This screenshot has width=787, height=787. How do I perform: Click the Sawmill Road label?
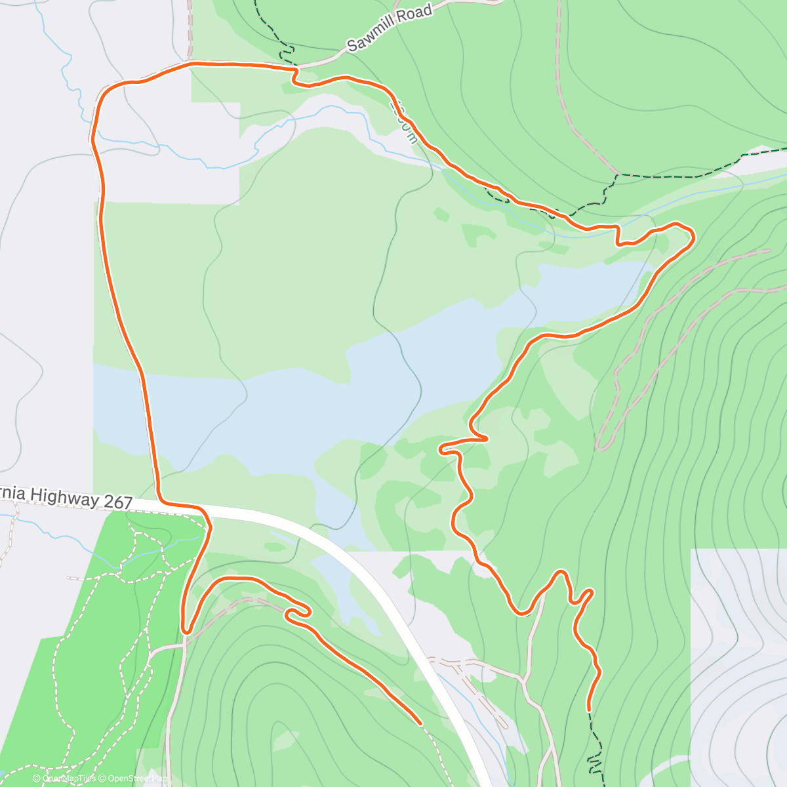pos(390,28)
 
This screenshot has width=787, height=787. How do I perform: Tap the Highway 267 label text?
pos(66,496)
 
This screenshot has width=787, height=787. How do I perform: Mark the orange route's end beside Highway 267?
pos(419,723)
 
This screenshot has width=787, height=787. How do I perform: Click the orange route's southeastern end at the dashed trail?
pos(589,709)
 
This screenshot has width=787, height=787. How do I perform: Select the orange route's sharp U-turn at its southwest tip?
pos(186,631)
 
